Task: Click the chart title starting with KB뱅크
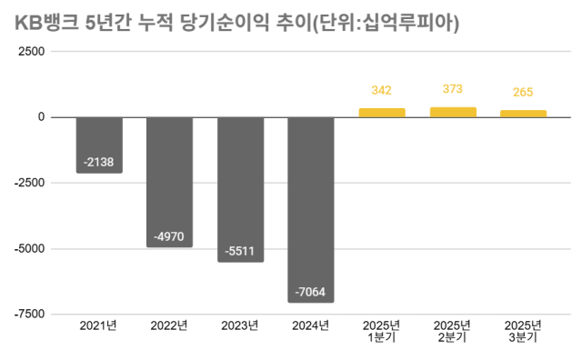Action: [237, 24]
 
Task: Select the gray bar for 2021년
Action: [99, 145]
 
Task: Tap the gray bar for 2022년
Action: [169, 182]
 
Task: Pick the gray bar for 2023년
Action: [240, 189]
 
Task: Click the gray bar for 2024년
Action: [311, 209]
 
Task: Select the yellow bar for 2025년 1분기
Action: [382, 113]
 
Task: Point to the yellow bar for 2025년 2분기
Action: [453, 112]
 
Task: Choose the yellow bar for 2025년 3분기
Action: [523, 114]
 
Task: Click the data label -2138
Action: [99, 162]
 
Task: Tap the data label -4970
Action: [169, 236]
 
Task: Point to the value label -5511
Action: [240, 251]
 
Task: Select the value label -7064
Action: [311, 292]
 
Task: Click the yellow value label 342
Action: [382, 90]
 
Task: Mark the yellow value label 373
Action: [453, 89]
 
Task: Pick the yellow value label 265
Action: [523, 92]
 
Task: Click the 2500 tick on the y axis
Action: [32, 52]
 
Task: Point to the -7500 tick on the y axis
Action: [29, 314]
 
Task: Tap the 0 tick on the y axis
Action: [41, 117]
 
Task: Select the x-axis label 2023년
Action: [240, 325]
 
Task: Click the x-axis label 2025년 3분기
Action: [523, 331]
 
